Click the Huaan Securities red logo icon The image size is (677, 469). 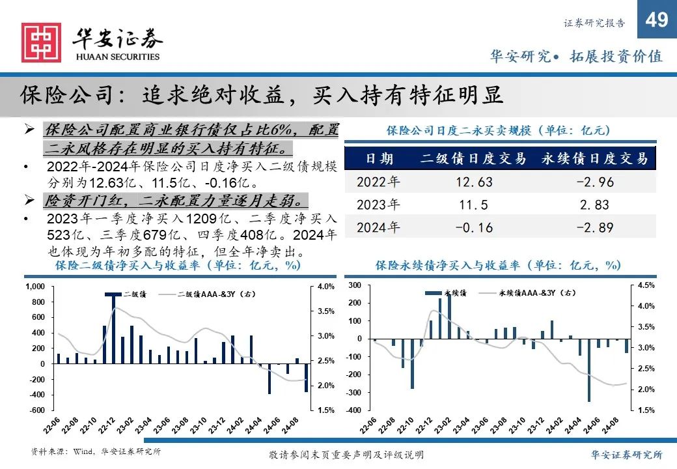[x=41, y=43]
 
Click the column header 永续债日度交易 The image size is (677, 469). [x=594, y=158]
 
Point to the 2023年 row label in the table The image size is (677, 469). [x=378, y=205]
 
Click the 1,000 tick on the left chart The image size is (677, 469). [x=35, y=287]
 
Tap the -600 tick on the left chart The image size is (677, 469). [x=36, y=410]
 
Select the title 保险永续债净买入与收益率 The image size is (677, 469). [x=498, y=266]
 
